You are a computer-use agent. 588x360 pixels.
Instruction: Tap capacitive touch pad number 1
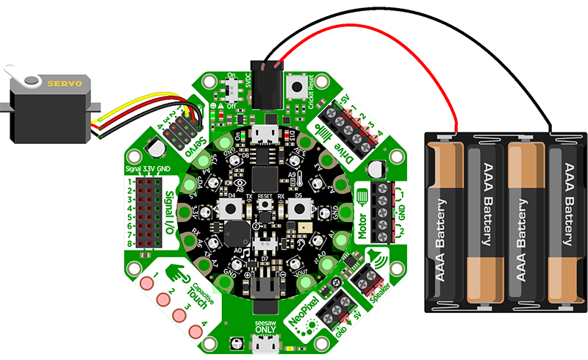[x=145, y=284]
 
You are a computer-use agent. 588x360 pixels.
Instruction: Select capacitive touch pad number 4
[x=195, y=329]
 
